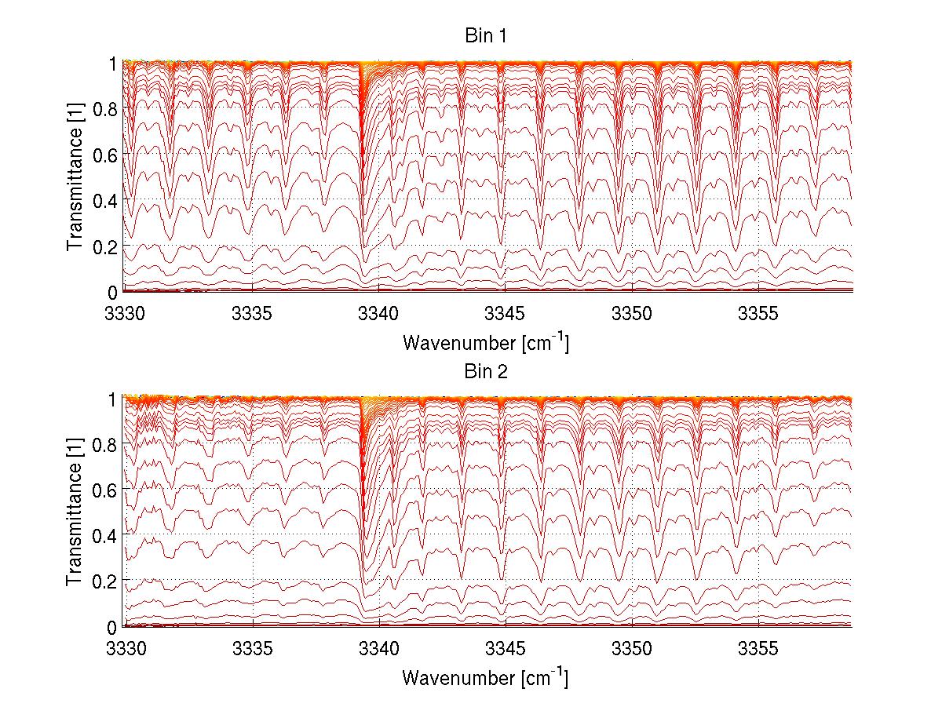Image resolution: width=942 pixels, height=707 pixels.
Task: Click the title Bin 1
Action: pyautogui.click(x=487, y=37)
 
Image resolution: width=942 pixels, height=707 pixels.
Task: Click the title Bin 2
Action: pyautogui.click(x=487, y=372)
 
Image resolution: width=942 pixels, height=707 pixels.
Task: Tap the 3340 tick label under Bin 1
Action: pyautogui.click(x=378, y=313)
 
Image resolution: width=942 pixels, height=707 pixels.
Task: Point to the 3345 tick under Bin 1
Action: pyautogui.click(x=506, y=313)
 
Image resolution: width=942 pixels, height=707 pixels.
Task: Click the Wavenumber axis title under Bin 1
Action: pyautogui.click(x=485, y=342)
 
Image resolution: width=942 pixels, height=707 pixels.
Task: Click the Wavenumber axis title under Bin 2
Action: pyautogui.click(x=485, y=677)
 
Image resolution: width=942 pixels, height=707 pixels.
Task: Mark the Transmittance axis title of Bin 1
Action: pyautogui.click(x=75, y=177)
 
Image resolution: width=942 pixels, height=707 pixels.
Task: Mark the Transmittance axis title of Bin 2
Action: pyautogui.click(x=75, y=512)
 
